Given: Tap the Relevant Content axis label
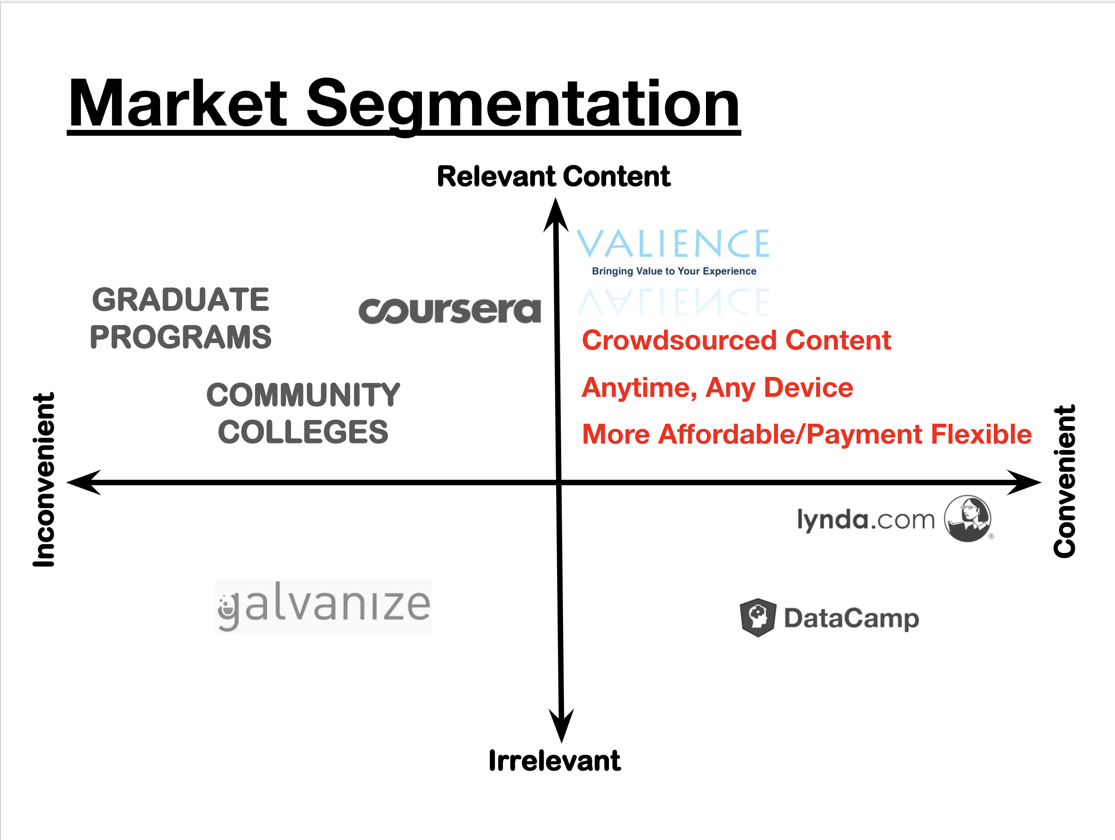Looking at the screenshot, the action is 553,176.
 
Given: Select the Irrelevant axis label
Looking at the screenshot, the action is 554,761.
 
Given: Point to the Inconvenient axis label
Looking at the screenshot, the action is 44,479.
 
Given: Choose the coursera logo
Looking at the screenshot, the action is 449,310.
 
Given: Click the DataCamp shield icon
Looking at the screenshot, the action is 758,618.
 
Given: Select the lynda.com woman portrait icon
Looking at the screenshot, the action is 967,518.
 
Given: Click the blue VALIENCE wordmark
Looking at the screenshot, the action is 673,244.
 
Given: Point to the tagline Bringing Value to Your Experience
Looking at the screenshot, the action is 674,271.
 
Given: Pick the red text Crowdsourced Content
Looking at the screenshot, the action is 736,340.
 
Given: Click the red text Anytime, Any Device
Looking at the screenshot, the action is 717,388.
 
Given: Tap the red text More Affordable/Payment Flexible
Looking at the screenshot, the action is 806,434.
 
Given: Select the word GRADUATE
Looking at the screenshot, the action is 180,300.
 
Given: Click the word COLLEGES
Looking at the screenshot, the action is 303,433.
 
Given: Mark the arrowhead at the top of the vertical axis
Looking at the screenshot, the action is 556,214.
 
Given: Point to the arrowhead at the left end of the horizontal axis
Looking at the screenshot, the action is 84,483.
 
